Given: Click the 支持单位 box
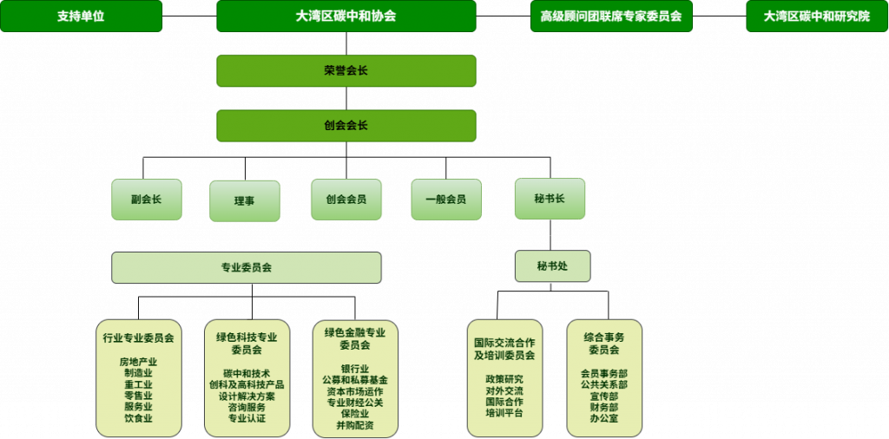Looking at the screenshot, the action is [x=81, y=16].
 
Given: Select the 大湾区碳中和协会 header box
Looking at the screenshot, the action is [x=346, y=16].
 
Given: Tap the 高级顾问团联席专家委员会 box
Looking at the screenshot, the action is [x=611, y=16].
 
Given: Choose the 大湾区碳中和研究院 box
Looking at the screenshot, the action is [x=817, y=16].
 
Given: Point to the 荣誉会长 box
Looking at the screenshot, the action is [x=346, y=71].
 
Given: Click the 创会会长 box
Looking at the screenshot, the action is [x=346, y=126].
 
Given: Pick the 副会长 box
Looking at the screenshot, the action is [x=146, y=200].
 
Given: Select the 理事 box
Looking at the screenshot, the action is [x=244, y=201].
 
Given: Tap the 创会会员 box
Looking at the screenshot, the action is [x=346, y=200].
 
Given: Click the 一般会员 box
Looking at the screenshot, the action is [x=446, y=200].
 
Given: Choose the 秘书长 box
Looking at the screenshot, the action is [x=550, y=199].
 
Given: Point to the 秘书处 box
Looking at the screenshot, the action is [x=553, y=265].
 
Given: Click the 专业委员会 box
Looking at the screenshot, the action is [x=246, y=267].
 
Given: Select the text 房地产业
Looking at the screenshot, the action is [x=138, y=362].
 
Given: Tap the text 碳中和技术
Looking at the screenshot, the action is [x=247, y=373].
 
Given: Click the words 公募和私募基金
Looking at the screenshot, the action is [x=355, y=380].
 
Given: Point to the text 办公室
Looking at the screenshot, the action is [x=604, y=418].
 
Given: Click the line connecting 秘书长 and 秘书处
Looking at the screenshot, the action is [x=550, y=235].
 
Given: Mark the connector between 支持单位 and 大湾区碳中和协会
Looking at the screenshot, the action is [x=189, y=16].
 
